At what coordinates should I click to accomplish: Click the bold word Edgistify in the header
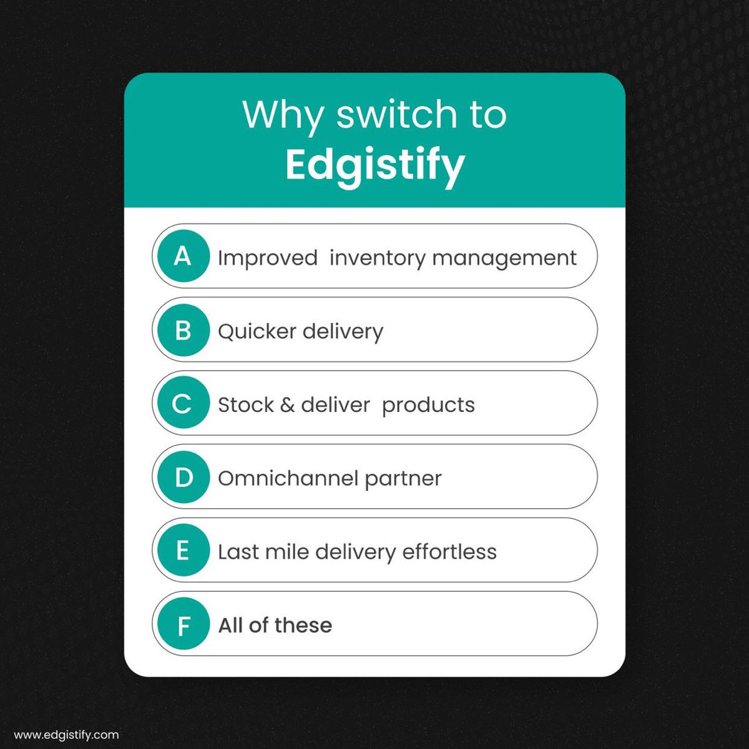coord(374,165)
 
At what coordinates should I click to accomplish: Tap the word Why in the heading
coord(283,115)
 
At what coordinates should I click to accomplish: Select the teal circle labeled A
coord(182,256)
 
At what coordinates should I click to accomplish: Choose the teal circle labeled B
coord(182,330)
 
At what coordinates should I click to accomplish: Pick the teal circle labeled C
coord(182,403)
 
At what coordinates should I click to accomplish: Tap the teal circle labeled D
coord(182,477)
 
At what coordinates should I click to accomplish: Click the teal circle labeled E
coord(182,551)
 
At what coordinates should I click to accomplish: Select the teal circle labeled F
coord(182,624)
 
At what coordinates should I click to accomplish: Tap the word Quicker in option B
coord(257,331)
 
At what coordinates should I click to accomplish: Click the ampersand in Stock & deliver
coord(287,405)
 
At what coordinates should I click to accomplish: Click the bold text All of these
coord(275,625)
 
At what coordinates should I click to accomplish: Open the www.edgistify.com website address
coord(66,735)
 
